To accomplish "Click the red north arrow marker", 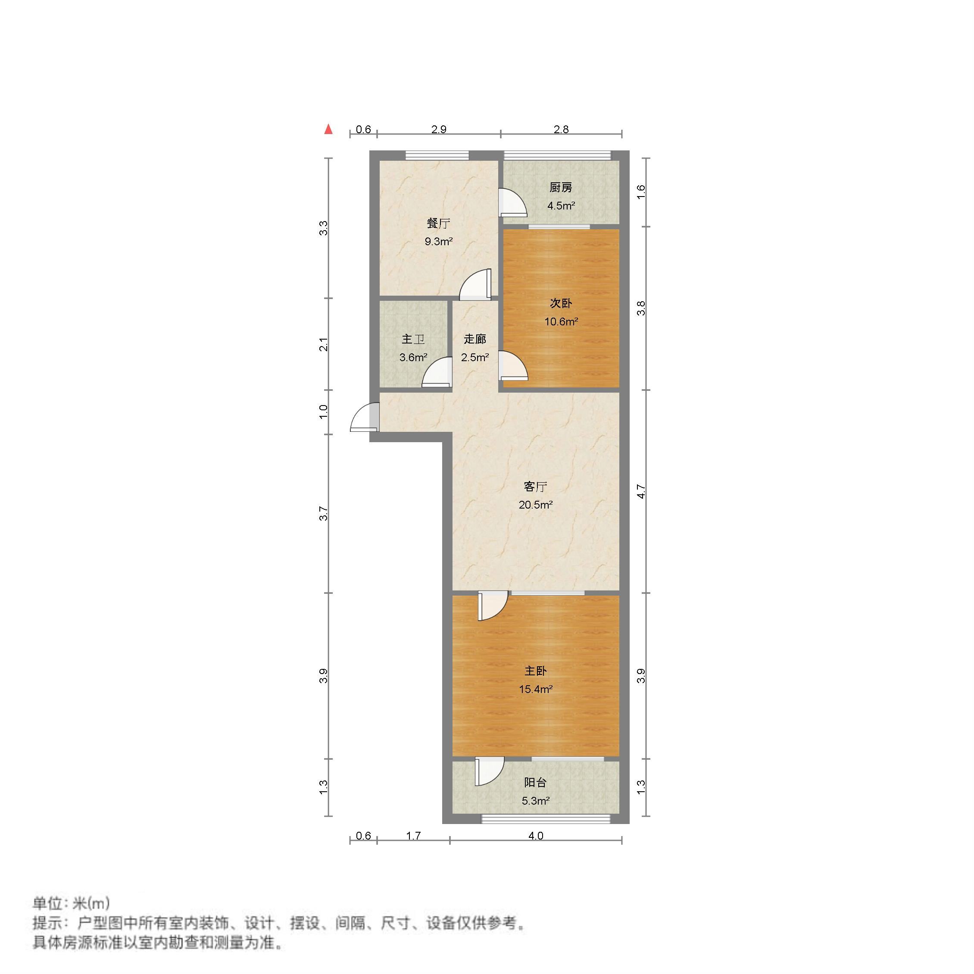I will (329, 130).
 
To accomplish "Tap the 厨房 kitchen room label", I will (561, 188).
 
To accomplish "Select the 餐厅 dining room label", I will (438, 223).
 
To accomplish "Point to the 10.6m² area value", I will (561, 322).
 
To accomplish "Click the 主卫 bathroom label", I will (413, 339).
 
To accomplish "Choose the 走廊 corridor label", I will (475, 339).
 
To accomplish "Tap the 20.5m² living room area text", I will (535, 505).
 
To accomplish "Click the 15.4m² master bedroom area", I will (535, 689).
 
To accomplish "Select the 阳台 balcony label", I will (535, 782).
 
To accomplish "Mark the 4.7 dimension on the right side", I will (641, 492).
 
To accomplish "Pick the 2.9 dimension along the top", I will (439, 130).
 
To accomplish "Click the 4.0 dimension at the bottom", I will (535, 836).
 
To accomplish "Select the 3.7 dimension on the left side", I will (324, 514).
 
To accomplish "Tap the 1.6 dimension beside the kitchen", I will (641, 192).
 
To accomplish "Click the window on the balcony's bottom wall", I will (546, 819).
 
